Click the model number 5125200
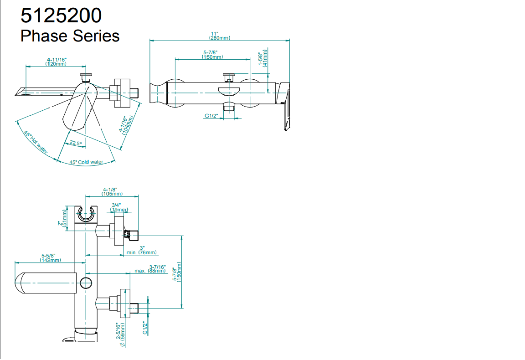(61, 16)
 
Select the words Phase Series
(70, 36)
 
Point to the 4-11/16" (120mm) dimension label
(56, 62)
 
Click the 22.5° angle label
(76, 143)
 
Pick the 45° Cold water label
(86, 162)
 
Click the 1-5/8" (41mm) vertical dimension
(263, 58)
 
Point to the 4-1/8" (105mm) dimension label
(109, 192)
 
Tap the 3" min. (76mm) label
(141, 250)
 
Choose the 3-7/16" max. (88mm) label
(151, 269)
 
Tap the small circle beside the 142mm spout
(86, 283)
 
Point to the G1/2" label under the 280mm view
(211, 116)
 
